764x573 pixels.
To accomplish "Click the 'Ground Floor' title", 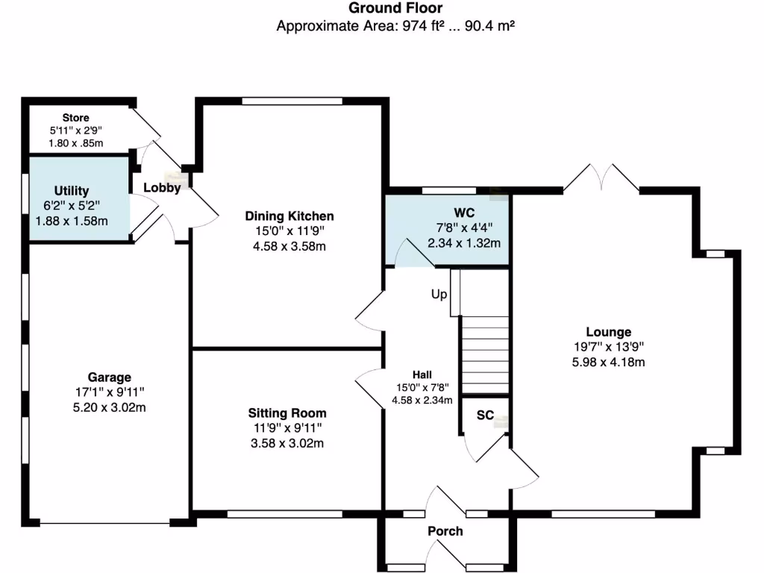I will (396, 8).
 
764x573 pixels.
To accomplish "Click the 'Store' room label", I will (75, 118).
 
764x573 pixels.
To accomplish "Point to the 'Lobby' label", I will (162, 188).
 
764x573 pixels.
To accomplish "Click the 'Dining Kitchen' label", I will (289, 216).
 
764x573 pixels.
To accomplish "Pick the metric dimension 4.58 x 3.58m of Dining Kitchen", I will (289, 246).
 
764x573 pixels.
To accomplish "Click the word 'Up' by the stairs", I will (439, 295).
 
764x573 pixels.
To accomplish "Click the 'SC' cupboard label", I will (485, 416).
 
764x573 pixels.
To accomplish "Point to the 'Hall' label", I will (422, 375).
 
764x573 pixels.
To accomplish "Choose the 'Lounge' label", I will (608, 332).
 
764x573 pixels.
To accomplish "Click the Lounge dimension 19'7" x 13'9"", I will (608, 347).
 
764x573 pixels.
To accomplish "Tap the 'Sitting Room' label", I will (287, 413).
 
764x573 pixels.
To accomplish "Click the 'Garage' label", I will (109, 378).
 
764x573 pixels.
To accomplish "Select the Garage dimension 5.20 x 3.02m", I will (109, 407).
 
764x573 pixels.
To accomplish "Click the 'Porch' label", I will (445, 531).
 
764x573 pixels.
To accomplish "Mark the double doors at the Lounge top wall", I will (601, 179).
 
